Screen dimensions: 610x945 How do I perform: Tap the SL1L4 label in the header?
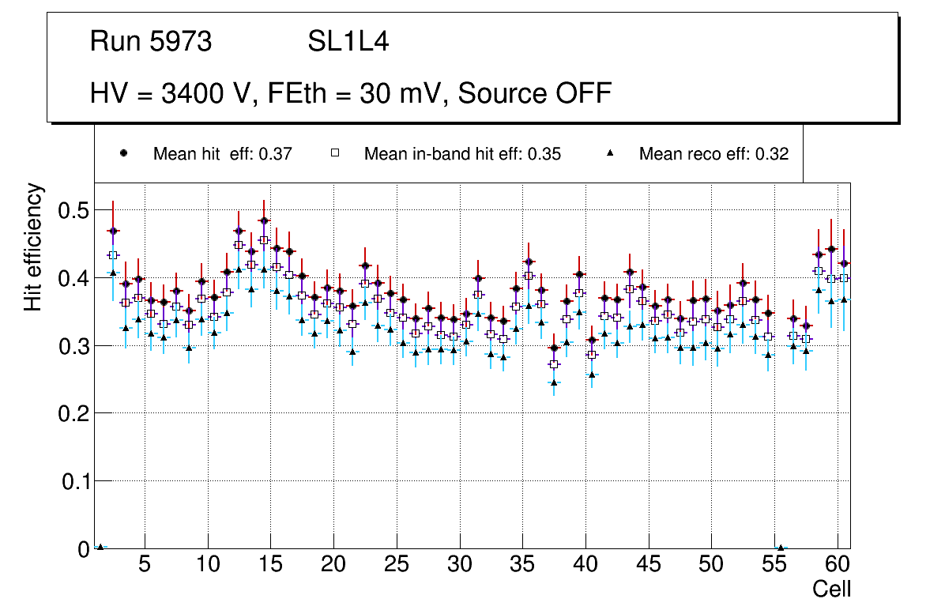(348, 41)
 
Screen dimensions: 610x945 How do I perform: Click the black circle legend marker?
(123, 153)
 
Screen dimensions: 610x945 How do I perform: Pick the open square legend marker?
(334, 153)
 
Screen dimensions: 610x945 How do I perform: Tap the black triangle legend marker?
(609, 153)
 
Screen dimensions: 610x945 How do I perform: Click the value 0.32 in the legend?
(771, 154)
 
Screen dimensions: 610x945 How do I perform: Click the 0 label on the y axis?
(81, 548)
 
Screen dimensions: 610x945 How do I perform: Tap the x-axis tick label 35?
(521, 566)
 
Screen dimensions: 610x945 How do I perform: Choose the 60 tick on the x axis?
(837, 566)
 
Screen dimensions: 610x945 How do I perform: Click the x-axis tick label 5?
(145, 566)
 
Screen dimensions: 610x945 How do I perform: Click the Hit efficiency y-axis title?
(32, 247)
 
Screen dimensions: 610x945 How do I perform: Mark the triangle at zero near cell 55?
(781, 548)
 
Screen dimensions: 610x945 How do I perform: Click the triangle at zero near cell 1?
(100, 547)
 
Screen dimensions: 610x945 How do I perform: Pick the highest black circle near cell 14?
(264, 220)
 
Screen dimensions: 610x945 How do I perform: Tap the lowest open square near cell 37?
(554, 364)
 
